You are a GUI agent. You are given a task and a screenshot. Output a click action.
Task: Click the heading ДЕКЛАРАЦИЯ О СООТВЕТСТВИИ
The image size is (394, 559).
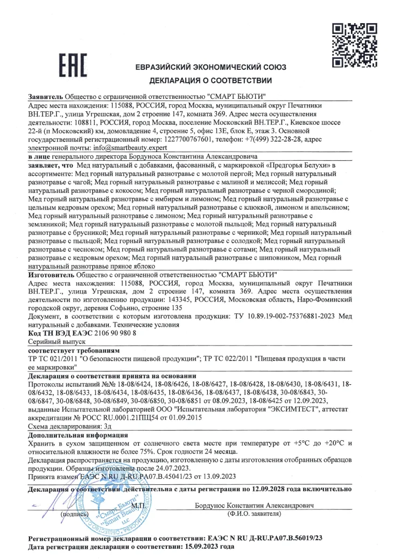[x=210, y=81]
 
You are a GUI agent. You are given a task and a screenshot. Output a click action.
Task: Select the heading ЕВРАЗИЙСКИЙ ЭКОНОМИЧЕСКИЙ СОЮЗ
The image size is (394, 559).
[x=210, y=67]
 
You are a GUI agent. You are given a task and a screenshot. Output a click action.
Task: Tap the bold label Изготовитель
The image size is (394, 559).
[x=51, y=274]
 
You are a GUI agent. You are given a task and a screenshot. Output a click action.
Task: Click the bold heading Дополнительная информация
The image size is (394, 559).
[x=78, y=434]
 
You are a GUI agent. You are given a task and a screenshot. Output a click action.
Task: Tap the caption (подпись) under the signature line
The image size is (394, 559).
[x=73, y=514]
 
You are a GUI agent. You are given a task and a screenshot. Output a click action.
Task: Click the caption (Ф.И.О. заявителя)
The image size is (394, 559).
[x=254, y=514]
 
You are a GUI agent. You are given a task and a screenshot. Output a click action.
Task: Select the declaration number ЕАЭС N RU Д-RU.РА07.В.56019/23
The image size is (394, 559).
[x=270, y=537]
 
